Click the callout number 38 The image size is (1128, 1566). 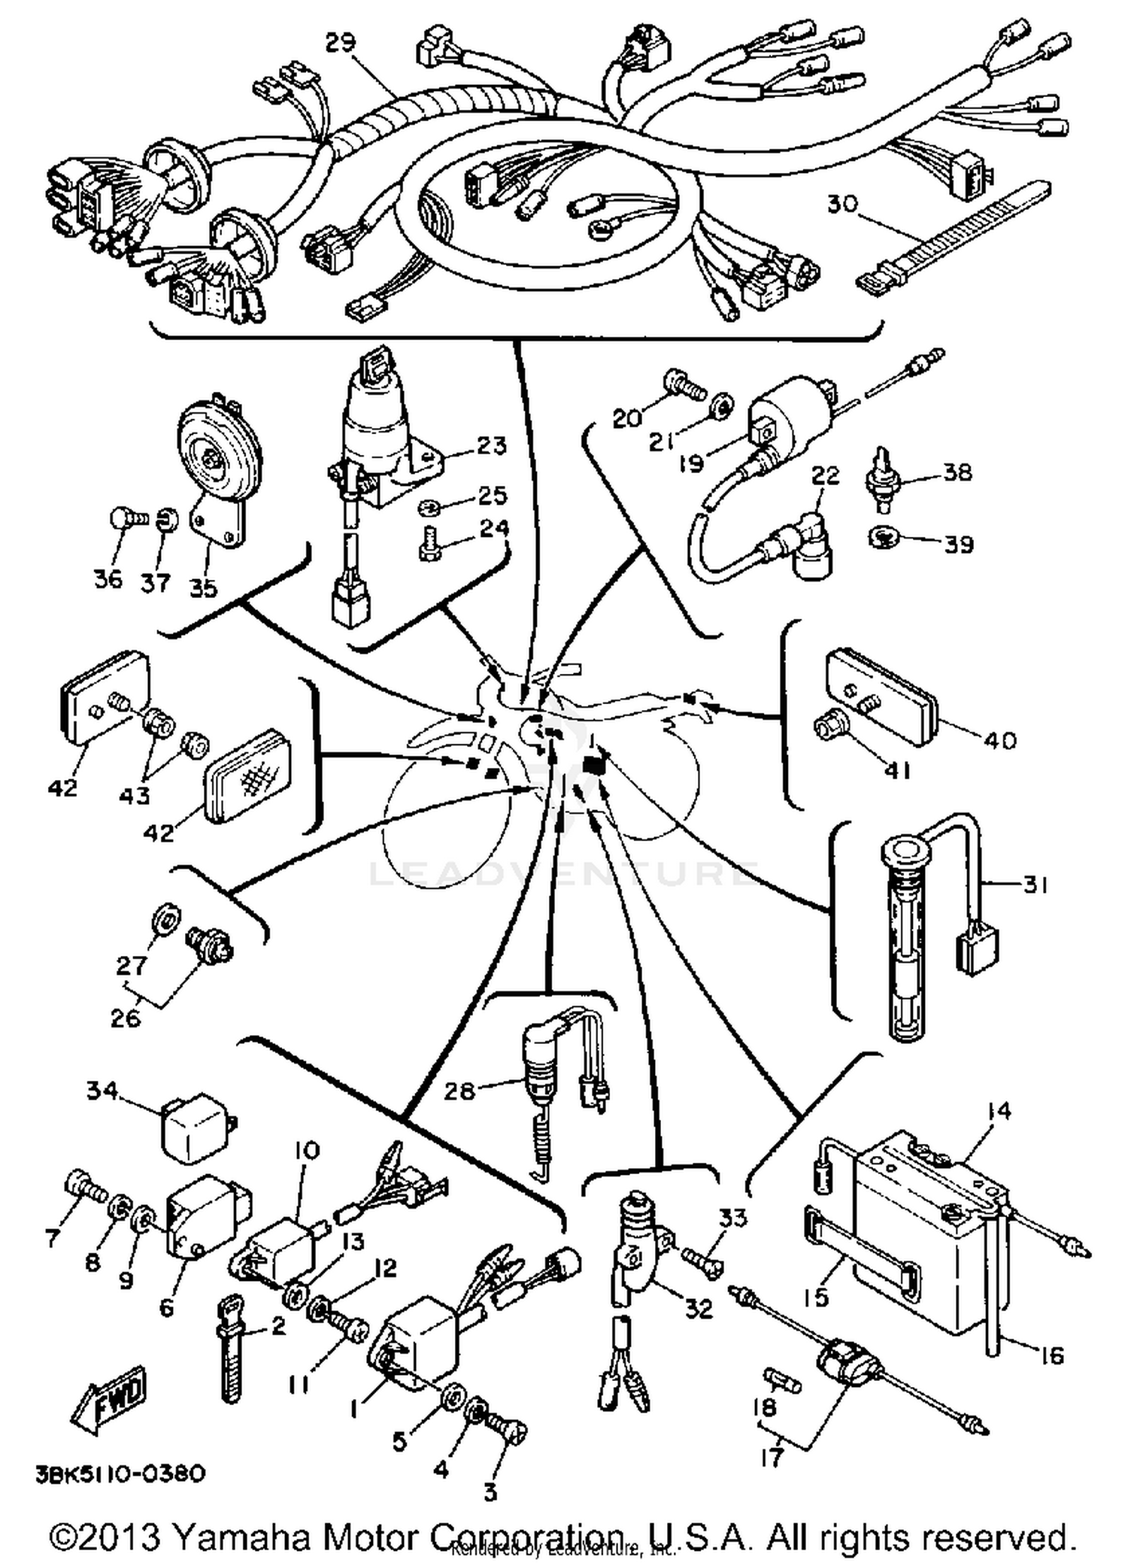(957, 472)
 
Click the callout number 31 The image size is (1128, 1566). (1036, 885)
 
